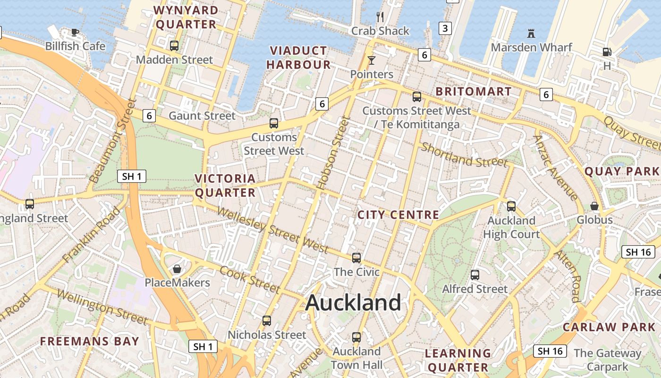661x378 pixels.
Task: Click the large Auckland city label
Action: pyautogui.click(x=353, y=302)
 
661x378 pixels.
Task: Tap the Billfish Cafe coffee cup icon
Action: pyautogui.click(x=75, y=32)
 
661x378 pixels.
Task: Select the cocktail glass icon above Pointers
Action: pyautogui.click(x=372, y=60)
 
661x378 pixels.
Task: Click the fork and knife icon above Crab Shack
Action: pyautogui.click(x=380, y=17)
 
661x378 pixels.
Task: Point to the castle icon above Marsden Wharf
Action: pyautogui.click(x=531, y=33)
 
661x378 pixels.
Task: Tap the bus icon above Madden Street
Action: pyautogui.click(x=174, y=46)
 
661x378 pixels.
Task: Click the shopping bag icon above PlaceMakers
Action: pyautogui.click(x=177, y=269)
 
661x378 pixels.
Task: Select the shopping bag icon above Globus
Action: pyautogui.click(x=594, y=206)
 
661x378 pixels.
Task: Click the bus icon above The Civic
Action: pyautogui.click(x=356, y=258)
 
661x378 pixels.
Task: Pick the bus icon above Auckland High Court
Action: pyautogui.click(x=511, y=206)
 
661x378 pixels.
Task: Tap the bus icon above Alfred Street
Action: pyautogui.click(x=475, y=275)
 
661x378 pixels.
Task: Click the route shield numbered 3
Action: pyautogui.click(x=445, y=28)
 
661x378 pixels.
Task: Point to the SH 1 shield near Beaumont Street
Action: pyautogui.click(x=131, y=176)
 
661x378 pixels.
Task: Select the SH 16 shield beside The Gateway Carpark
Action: pyautogui.click(x=550, y=351)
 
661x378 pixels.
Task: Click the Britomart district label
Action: pyautogui.click(x=474, y=91)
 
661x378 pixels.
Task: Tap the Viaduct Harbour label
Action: pyautogui.click(x=299, y=58)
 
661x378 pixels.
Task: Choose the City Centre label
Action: pyautogui.click(x=398, y=215)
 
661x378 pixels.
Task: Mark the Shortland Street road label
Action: pyautogui.click(x=464, y=155)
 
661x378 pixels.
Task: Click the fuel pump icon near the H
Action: pyautogui.click(x=607, y=52)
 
